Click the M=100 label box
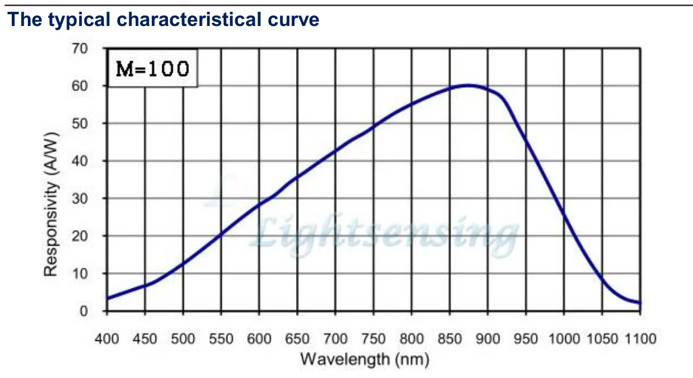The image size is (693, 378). pyautogui.click(x=152, y=68)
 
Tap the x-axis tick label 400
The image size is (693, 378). pyautogui.click(x=107, y=338)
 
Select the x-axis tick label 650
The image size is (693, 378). pyautogui.click(x=297, y=338)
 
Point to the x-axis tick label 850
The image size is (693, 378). pyautogui.click(x=450, y=338)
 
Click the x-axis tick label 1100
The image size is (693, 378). pyautogui.click(x=640, y=338)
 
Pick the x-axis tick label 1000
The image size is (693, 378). pyautogui.click(x=564, y=338)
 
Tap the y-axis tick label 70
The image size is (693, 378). pyautogui.click(x=81, y=48)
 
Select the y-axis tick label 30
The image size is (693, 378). pyautogui.click(x=81, y=199)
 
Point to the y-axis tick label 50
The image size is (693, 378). pyautogui.click(x=81, y=123)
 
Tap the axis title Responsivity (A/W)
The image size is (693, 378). pyautogui.click(x=52, y=204)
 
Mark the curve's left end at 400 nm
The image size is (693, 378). pyautogui.click(x=108, y=298)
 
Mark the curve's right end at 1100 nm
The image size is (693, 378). pyautogui.click(x=640, y=303)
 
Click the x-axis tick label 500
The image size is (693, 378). pyautogui.click(x=183, y=338)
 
